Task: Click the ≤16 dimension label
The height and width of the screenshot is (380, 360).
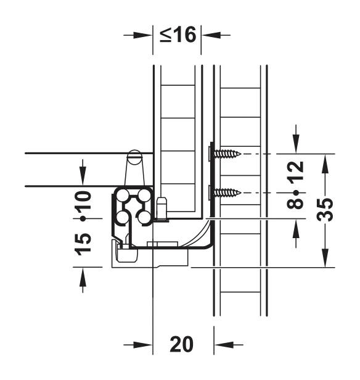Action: (178, 35)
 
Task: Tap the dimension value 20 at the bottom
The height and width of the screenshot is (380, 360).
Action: (182, 344)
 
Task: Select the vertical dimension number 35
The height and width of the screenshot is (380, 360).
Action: (325, 210)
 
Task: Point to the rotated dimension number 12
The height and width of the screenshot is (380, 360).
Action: (295, 170)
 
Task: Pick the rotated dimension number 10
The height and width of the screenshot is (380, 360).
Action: (83, 200)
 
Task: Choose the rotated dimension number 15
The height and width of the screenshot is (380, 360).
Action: (83, 244)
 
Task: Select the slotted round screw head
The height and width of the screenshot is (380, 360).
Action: (136, 157)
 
